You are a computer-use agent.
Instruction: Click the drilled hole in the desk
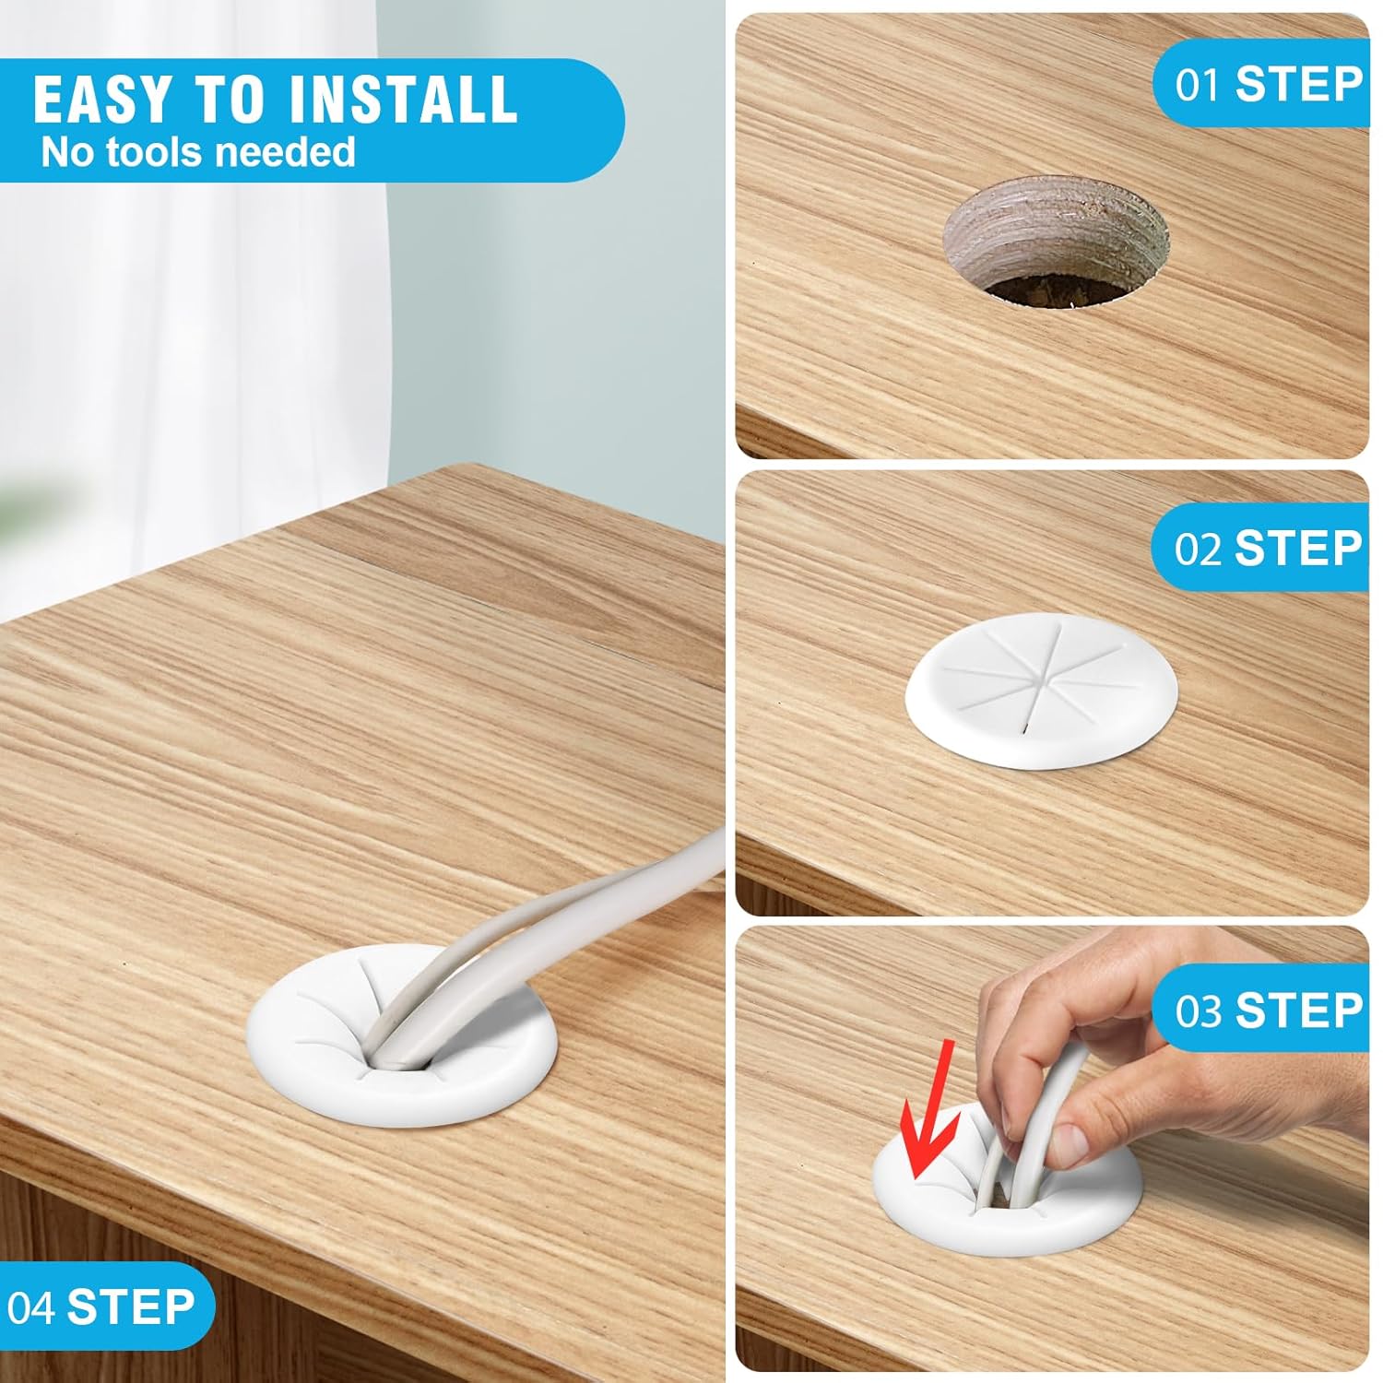tap(1056, 242)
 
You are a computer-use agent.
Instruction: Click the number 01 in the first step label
tap(1198, 85)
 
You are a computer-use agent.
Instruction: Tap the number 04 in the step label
tap(31, 1307)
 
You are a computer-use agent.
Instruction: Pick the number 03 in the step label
tap(1198, 1011)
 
